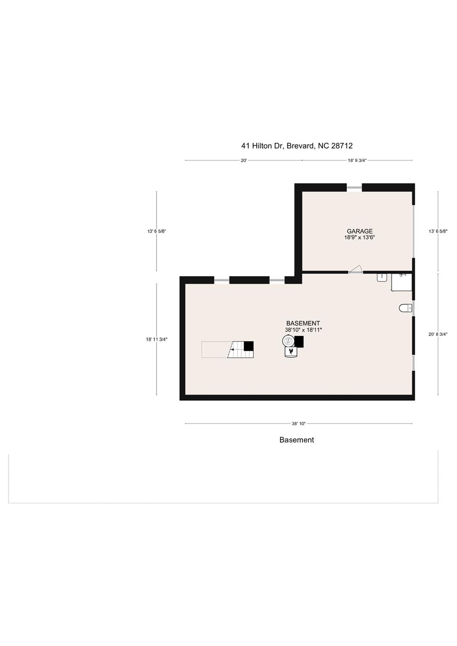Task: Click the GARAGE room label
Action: coord(359,231)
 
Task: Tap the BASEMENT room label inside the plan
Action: coord(303,323)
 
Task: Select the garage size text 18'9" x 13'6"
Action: coord(359,238)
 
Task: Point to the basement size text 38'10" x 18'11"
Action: coord(303,330)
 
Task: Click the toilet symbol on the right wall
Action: coord(405,308)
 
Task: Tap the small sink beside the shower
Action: coord(382,277)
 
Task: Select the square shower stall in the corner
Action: coord(401,282)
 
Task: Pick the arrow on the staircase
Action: coord(232,349)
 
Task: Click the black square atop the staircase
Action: coord(249,346)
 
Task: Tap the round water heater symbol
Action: coord(289,341)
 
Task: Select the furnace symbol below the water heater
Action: coord(291,351)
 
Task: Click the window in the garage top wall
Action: coord(354,188)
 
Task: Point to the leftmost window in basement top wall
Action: coord(221,280)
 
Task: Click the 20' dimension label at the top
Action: coord(244,160)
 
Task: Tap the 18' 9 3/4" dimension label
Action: coord(357,160)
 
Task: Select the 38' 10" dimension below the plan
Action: coord(298,424)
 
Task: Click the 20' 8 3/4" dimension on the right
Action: coord(438,334)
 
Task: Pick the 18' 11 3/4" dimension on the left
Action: coord(157,339)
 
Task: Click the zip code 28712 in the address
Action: coord(342,146)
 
